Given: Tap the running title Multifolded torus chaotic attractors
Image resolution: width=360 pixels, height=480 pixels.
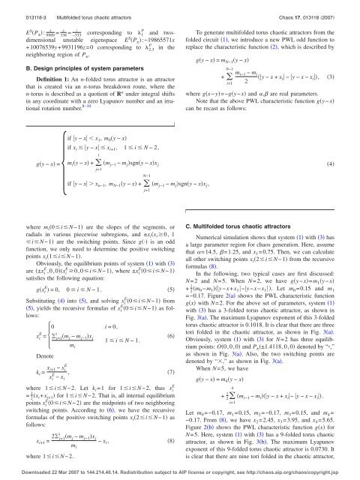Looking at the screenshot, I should click(x=88, y=8).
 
